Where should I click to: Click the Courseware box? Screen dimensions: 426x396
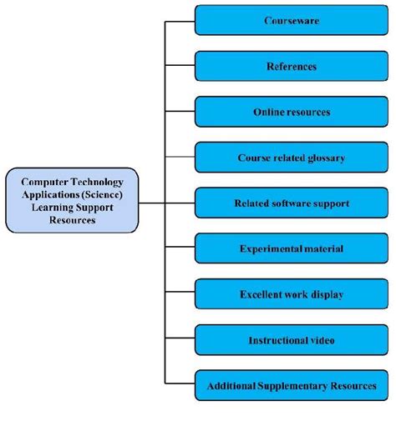tap(292, 20)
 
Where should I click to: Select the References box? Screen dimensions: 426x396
tap(292, 66)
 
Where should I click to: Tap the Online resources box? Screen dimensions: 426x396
tap(292, 112)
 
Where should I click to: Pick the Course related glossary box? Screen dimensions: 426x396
tap(292, 157)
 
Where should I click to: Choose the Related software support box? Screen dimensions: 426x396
tap(292, 203)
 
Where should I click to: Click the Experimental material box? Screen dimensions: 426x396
tap(292, 248)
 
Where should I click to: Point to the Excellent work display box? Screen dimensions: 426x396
tap(292, 294)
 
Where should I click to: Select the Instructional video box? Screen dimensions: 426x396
tap(292, 340)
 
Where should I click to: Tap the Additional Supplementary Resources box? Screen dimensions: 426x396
tap(292, 386)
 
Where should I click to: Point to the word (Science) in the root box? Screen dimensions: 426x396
tap(99, 193)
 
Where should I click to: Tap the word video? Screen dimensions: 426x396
tap(320, 340)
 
